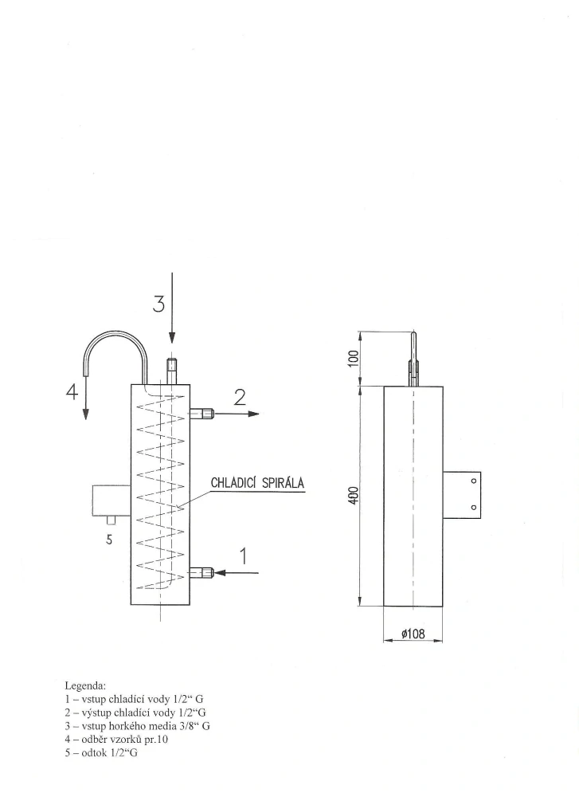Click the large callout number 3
(159, 304)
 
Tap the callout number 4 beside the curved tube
(72, 392)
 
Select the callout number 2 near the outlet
(240, 397)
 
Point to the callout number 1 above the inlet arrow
(244, 556)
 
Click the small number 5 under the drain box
(109, 540)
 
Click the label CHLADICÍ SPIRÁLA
(257, 482)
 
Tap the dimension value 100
(354, 358)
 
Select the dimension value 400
(354, 496)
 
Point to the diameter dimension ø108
(413, 634)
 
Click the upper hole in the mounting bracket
(473, 481)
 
